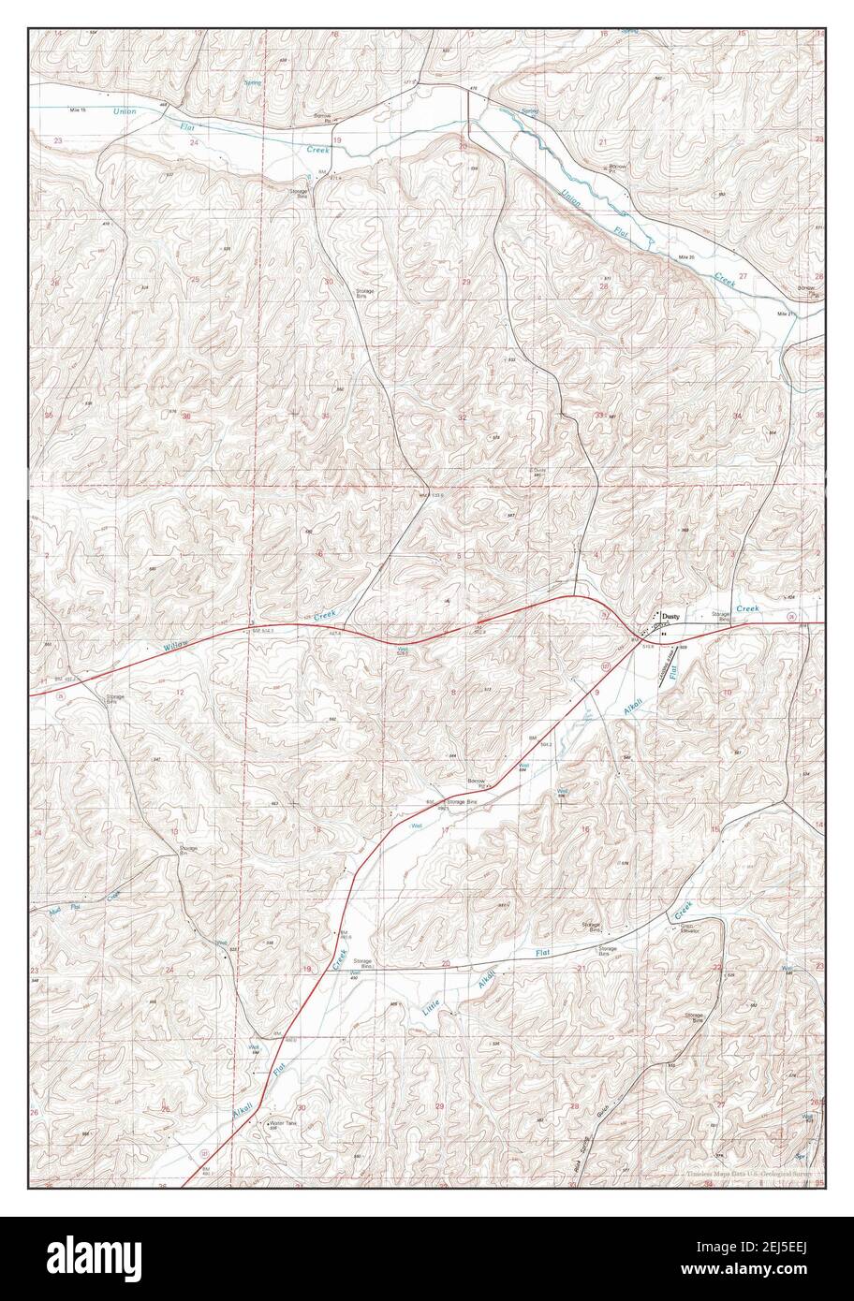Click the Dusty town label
[x=670, y=617]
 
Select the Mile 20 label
[x=688, y=256]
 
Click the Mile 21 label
[x=786, y=314]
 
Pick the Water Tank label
[x=283, y=1123]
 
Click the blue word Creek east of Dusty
[x=747, y=608]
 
